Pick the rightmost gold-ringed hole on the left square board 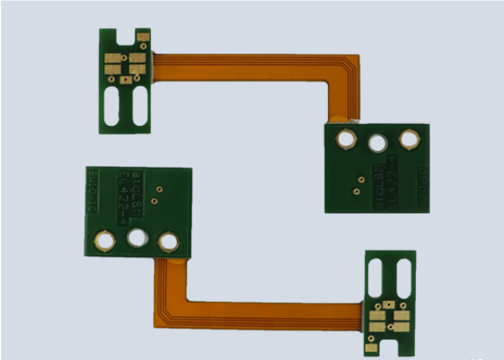click(167, 242)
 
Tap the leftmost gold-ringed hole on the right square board click(345, 141)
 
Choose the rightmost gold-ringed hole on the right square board click(409, 139)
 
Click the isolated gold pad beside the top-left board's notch click(142, 38)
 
